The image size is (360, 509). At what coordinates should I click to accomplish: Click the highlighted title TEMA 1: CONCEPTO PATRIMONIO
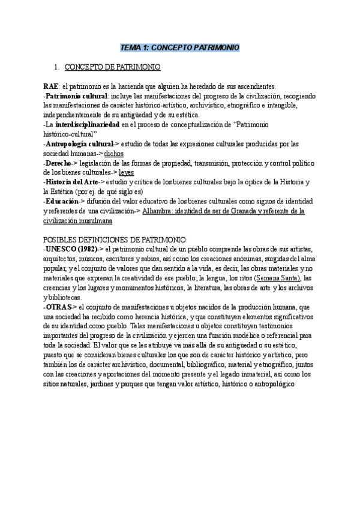point(180,47)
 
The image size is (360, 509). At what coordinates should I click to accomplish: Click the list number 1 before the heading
point(56,67)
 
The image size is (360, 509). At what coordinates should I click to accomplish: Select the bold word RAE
point(52,86)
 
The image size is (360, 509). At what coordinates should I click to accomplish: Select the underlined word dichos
point(113,154)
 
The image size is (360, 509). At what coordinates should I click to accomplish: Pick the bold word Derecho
point(59,163)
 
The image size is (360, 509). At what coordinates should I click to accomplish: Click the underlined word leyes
point(127,173)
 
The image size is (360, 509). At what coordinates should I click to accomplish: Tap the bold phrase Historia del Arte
point(70,182)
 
